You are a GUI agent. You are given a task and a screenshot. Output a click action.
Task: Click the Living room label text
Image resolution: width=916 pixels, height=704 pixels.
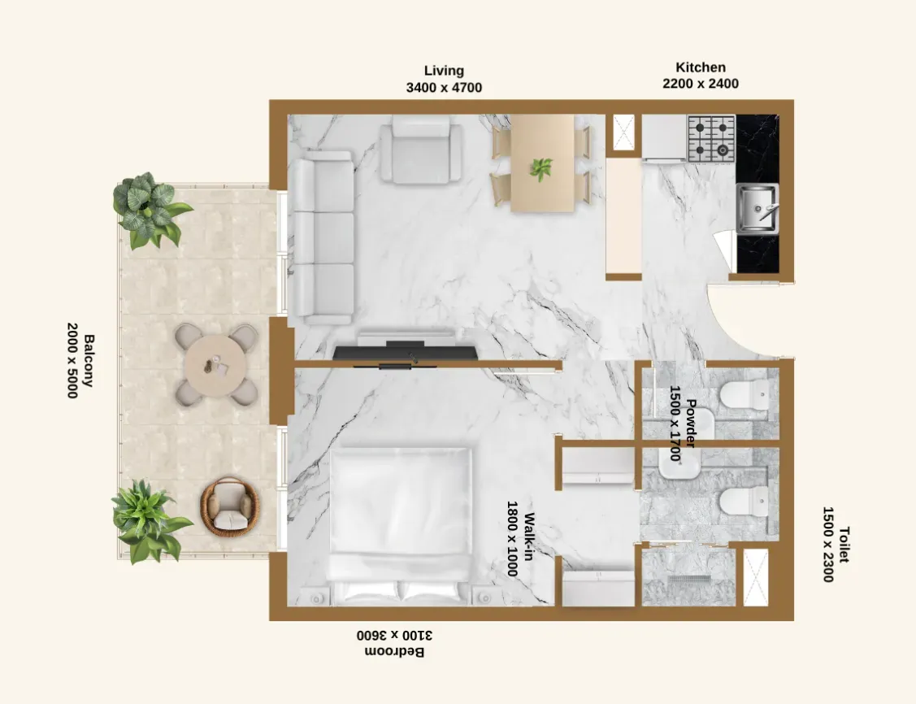(444, 71)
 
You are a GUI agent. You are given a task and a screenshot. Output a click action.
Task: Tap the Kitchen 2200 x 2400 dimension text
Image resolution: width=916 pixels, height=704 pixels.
(701, 84)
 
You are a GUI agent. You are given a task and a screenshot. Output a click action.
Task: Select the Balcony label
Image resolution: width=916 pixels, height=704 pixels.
(89, 360)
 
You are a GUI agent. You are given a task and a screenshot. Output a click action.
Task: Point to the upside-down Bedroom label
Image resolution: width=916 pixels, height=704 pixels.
(395, 651)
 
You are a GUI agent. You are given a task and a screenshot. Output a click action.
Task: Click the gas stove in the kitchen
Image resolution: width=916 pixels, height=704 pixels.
(711, 138)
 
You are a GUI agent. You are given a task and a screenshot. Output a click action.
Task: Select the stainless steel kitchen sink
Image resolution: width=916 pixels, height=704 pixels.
(758, 209)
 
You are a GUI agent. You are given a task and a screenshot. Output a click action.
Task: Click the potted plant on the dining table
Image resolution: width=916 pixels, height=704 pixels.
(541, 169)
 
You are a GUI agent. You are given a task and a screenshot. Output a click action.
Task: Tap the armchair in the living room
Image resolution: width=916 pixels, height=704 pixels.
(421, 150)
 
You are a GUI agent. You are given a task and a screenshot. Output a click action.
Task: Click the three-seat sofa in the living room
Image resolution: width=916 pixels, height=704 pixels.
(323, 237)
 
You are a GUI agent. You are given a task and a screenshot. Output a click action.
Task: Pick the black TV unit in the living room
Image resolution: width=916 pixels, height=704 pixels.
(406, 351)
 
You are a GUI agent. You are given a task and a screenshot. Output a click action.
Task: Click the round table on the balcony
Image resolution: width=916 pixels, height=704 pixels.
(215, 365)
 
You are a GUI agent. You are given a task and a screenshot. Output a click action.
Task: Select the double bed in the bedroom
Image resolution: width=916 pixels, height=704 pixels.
(400, 526)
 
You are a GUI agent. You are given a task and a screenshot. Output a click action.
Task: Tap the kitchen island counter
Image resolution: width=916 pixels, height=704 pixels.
(623, 215)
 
